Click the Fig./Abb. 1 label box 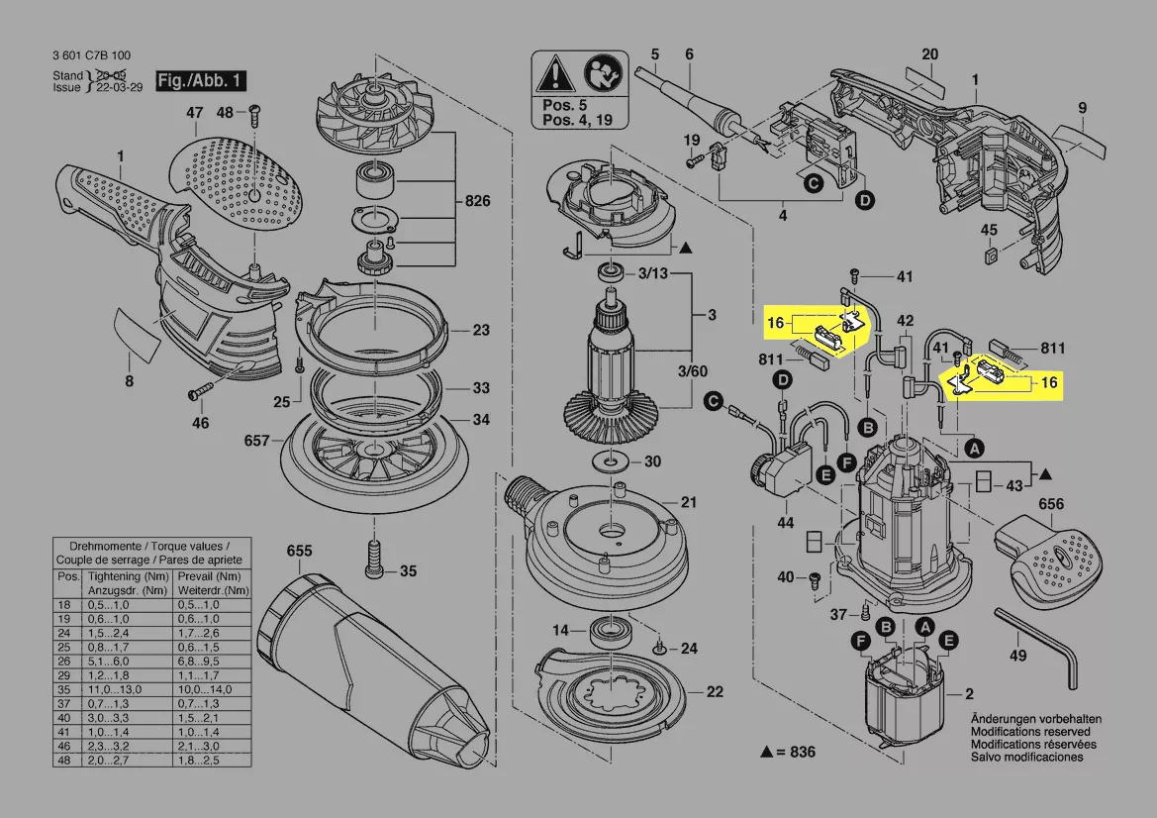pyautogui.click(x=201, y=80)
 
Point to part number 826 pyautogui.click(x=478, y=202)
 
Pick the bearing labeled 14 pyautogui.click(x=605, y=629)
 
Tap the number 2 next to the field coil pyautogui.click(x=970, y=694)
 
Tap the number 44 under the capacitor pyautogui.click(x=786, y=521)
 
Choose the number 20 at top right pyautogui.click(x=929, y=53)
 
